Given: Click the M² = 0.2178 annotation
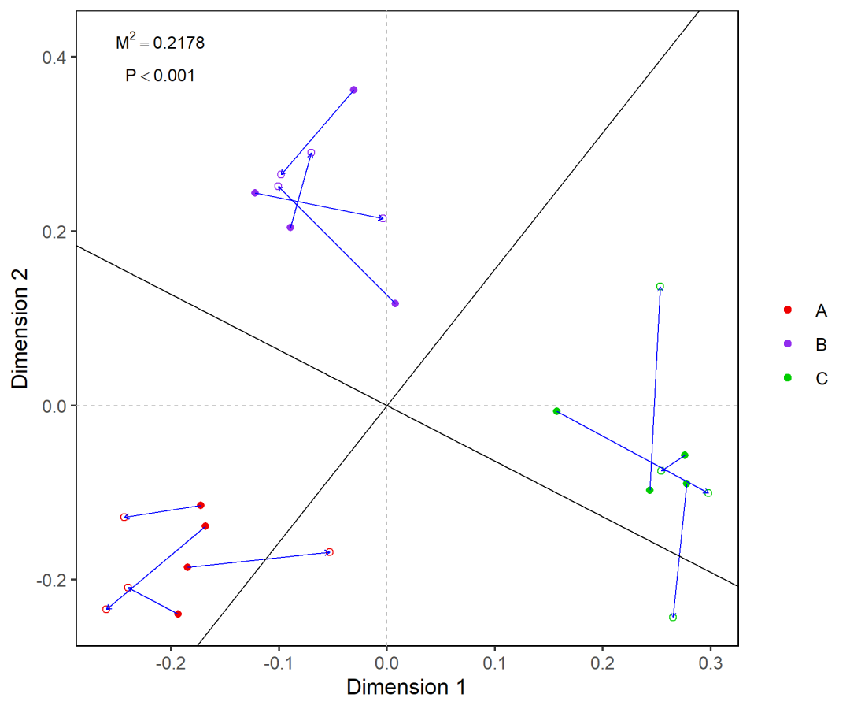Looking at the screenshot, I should [x=160, y=43].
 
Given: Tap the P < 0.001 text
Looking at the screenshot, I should [x=160, y=76].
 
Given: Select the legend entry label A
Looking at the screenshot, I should [x=821, y=311].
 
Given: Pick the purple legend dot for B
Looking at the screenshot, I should [x=788, y=344].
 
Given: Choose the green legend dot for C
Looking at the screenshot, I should [x=788, y=378].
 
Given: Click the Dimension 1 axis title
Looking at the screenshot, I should [x=406, y=687].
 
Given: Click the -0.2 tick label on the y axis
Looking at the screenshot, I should [x=51, y=580].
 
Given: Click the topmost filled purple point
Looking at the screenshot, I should [x=353, y=90].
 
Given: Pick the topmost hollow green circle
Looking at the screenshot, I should [x=660, y=287].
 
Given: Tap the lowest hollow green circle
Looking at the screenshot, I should [x=673, y=617].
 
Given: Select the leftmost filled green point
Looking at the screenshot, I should [x=556, y=411].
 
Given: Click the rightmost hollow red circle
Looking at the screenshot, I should [x=330, y=552].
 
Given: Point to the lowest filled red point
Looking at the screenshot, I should [x=178, y=614].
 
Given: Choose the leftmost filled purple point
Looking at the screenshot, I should [x=255, y=193].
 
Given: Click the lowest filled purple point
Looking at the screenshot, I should [x=395, y=303].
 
